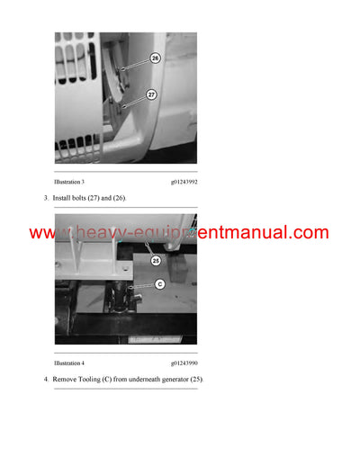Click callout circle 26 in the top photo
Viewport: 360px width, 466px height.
click(154, 58)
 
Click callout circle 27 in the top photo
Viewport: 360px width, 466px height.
click(152, 94)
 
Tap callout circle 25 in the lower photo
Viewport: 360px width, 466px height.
click(156, 261)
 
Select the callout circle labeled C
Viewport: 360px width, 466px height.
click(159, 285)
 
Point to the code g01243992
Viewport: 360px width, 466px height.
click(184, 182)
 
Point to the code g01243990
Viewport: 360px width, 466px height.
click(184, 363)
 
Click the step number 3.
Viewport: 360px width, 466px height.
click(45, 197)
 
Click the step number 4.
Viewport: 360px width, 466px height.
click(45, 380)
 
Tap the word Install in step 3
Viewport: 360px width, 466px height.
click(62, 197)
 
